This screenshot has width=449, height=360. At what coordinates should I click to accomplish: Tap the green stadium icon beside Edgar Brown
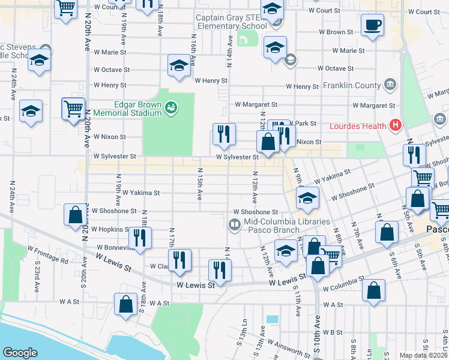point(171,107)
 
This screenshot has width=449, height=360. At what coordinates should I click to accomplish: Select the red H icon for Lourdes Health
point(395,125)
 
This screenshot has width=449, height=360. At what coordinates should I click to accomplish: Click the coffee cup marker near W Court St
point(372,26)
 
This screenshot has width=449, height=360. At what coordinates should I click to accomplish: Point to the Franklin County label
point(351,85)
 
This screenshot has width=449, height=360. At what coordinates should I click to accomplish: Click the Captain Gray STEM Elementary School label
point(231,22)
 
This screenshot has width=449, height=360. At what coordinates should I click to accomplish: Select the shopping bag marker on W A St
point(126,304)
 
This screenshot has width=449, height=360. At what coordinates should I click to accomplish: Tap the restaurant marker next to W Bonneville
point(140,238)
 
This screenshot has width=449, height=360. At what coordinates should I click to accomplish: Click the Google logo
point(20,353)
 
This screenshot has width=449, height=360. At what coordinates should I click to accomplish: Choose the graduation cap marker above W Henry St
point(179,67)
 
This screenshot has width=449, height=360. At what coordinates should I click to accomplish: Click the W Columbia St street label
point(345,288)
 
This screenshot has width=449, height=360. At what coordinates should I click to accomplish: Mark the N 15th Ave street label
point(200,184)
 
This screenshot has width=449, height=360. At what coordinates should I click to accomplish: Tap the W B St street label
point(331,332)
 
